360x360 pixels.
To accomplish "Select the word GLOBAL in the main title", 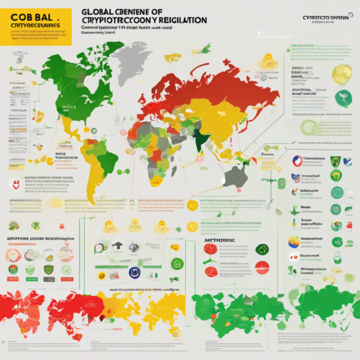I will pyautogui.click(x=101, y=12).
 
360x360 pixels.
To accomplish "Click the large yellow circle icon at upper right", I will pyautogui.click(x=342, y=74).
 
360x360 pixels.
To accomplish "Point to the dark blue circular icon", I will pyautogui.click(x=134, y=273).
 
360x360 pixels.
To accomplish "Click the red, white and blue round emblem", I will pyautogui.click(x=297, y=161).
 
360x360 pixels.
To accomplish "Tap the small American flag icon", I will pyautogui.click(x=295, y=178).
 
